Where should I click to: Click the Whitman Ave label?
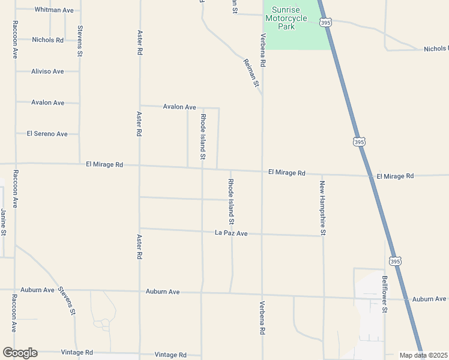pos(54,10)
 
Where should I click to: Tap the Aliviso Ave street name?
pos(47,71)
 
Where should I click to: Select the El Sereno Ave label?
pos(47,134)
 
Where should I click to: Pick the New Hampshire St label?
pos(322,208)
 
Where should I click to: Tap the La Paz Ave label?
pos(231,233)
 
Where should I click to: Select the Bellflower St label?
pos(385,294)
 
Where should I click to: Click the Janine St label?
pos(3,221)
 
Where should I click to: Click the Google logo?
pos(20,353)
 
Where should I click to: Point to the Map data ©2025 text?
pos(423,355)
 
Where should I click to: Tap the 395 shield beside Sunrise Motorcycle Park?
pos(325,22)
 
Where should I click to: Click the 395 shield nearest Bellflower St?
pos(394,261)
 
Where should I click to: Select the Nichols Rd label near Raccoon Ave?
pos(47,40)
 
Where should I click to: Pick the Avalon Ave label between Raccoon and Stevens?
pos(47,103)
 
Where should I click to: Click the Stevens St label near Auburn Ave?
pos(67,301)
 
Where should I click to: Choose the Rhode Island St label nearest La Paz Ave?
pos(231,197)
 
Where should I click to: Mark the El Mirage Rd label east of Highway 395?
pos(395,176)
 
